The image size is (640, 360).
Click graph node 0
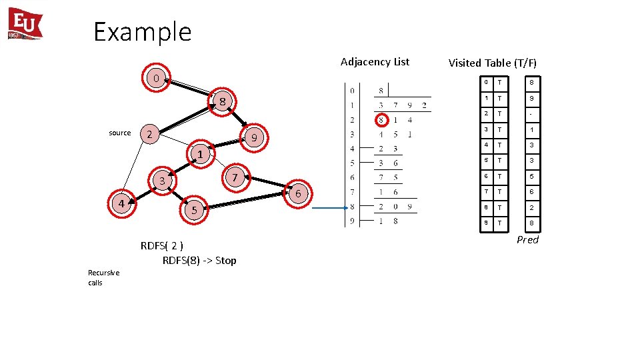(155, 78)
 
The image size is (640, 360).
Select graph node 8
(223, 101)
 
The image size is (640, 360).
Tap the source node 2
(150, 134)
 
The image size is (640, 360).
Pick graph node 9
(253, 138)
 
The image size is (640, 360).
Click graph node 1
(199, 155)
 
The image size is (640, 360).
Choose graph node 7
(235, 177)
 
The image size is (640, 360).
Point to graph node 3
(161, 181)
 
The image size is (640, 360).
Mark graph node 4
(121, 203)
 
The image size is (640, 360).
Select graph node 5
(194, 210)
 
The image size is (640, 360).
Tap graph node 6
(299, 193)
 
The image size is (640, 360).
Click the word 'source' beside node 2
(120, 133)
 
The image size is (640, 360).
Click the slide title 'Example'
(142, 31)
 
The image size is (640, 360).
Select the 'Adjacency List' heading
(375, 62)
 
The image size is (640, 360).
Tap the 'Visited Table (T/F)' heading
(492, 63)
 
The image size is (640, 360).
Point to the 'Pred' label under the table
(527, 240)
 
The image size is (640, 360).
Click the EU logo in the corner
(25, 24)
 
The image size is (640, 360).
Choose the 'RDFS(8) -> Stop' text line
(199, 260)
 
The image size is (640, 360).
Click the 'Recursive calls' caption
(103, 277)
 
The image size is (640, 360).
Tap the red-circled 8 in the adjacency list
(381, 120)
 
